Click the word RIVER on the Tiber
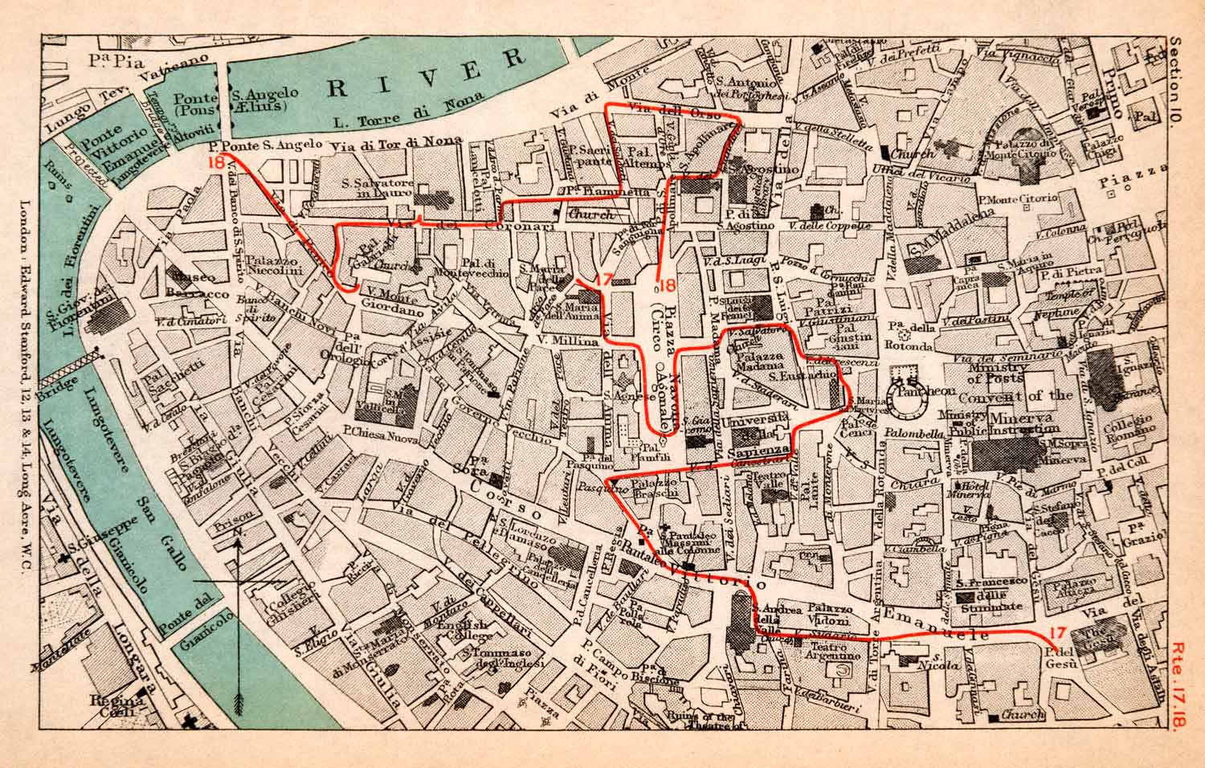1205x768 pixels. pos(427,77)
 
